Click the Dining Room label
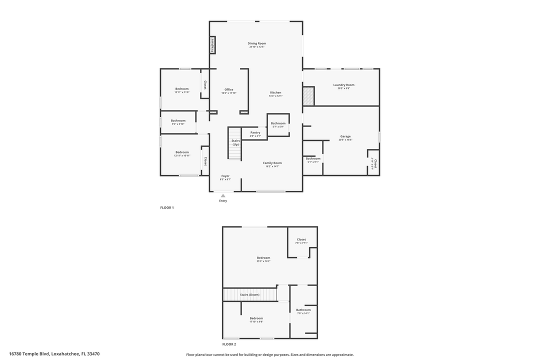[x=256, y=43]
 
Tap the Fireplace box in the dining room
[x=212, y=45]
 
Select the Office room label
[x=228, y=90]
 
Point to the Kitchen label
[x=275, y=92]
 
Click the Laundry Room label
[x=343, y=85]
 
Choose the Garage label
[x=345, y=136]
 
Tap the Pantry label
[x=255, y=133]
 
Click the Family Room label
[x=272, y=163]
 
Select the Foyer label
[x=225, y=176]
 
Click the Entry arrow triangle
[x=223, y=195]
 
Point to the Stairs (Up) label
[x=235, y=142]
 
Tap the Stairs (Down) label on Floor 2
[x=249, y=294]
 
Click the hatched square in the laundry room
[x=308, y=96]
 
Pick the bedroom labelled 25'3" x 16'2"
[x=263, y=258]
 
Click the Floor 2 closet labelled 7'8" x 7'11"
[x=301, y=239]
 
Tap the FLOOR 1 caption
[x=167, y=207]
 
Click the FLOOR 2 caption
[x=229, y=344]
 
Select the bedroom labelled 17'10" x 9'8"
[x=256, y=318]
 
